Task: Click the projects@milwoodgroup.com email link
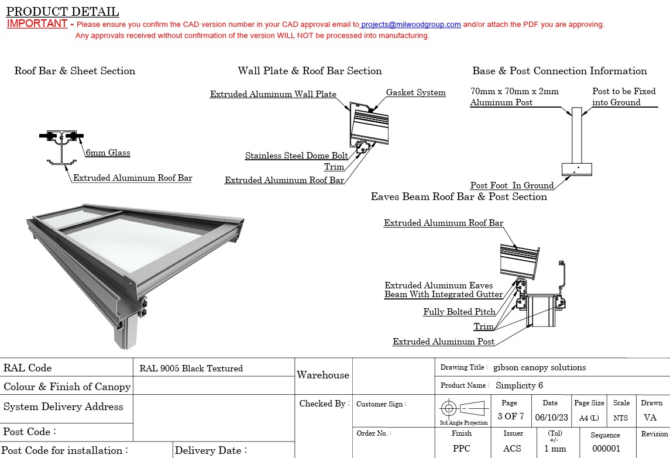pyautogui.click(x=411, y=25)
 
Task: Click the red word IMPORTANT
pyautogui.click(x=37, y=23)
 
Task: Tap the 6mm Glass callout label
pyautogui.click(x=108, y=153)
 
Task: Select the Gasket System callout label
pyautogui.click(x=416, y=92)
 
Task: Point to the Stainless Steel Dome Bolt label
pyautogui.click(x=297, y=156)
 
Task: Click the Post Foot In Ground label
pyautogui.click(x=512, y=185)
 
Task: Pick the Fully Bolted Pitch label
pyautogui.click(x=459, y=312)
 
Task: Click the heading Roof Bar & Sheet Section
pyautogui.click(x=75, y=71)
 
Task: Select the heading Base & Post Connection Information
pyautogui.click(x=560, y=71)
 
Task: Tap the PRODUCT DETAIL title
pyautogui.click(x=63, y=11)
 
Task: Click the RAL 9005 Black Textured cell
pyautogui.click(x=191, y=369)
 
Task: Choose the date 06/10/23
pyautogui.click(x=552, y=418)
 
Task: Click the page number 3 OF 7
pyautogui.click(x=511, y=416)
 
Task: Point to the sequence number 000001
pyautogui.click(x=606, y=449)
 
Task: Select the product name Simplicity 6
pyautogui.click(x=519, y=385)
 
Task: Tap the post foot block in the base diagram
pyautogui.click(x=577, y=169)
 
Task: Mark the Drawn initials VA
pyautogui.click(x=650, y=418)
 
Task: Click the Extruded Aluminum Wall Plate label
pyautogui.click(x=273, y=94)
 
